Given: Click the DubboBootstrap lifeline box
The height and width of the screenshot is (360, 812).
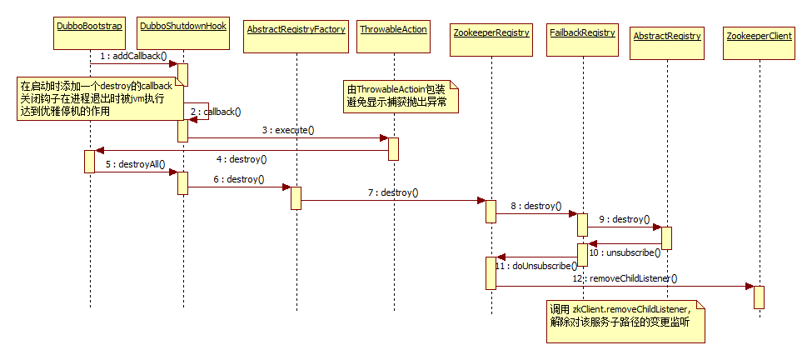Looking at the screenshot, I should (x=89, y=27).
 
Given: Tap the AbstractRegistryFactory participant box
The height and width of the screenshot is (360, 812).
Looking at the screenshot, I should (x=296, y=29).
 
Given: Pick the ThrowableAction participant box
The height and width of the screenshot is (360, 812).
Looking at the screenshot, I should (x=393, y=29).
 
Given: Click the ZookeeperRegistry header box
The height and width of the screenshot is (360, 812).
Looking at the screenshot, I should (x=491, y=32).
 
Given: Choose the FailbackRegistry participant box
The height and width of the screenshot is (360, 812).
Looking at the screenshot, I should (x=582, y=32).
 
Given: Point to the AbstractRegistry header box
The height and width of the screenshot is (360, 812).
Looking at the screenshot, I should (x=667, y=36).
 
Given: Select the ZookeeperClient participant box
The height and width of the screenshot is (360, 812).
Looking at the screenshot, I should (x=759, y=37).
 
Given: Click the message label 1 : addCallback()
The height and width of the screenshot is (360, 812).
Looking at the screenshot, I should (x=133, y=56).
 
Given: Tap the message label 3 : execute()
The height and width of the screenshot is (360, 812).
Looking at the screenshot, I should (x=287, y=130).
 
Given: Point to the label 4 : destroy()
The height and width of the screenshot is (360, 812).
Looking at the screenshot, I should (x=242, y=158).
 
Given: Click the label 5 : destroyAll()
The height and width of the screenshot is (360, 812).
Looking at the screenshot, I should (x=136, y=164).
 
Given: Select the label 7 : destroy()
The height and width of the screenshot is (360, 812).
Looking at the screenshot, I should (x=393, y=192).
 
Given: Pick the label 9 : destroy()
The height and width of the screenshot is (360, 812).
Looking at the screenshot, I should (x=625, y=220).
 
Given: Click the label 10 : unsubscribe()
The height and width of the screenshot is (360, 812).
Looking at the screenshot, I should (x=625, y=252).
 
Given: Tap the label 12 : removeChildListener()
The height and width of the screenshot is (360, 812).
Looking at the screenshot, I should (x=633, y=277).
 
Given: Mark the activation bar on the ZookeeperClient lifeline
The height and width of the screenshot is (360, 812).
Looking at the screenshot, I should (x=759, y=297).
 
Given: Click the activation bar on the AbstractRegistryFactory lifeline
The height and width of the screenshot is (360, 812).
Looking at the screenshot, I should (x=296, y=198).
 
